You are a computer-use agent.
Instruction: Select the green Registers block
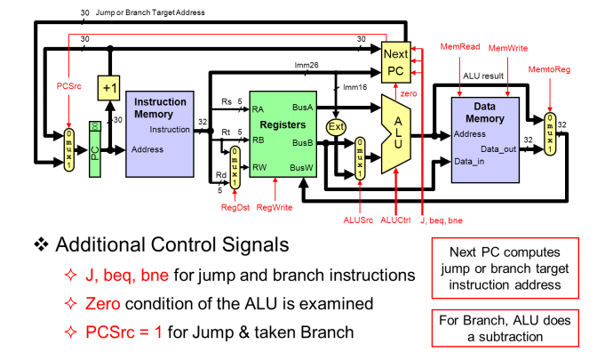tap(283, 133)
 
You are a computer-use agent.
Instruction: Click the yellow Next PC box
tap(395, 62)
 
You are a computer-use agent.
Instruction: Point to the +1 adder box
tap(109, 89)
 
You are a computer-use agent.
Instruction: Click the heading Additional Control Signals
tap(169, 244)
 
